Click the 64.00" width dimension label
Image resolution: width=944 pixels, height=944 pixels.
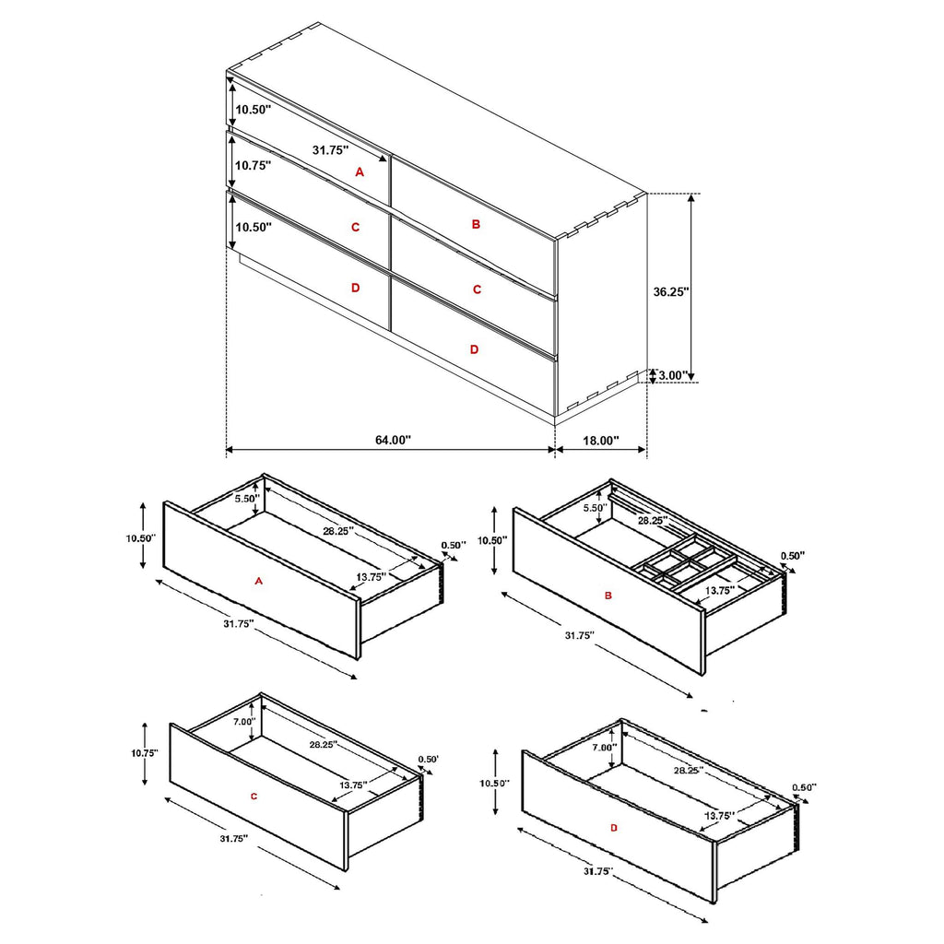pos(392,441)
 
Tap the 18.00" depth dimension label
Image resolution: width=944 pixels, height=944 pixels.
pos(601,441)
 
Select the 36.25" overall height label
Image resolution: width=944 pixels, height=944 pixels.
pos(671,290)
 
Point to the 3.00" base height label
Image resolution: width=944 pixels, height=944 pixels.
pos(673,375)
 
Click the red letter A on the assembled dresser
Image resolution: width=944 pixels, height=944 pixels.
pos(360,171)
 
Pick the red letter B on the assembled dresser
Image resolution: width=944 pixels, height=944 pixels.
pos(476,224)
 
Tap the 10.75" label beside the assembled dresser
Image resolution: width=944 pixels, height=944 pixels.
pos(253,166)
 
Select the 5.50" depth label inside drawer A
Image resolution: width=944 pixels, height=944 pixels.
pos(247,499)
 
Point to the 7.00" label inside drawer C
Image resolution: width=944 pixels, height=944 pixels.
pos(243,722)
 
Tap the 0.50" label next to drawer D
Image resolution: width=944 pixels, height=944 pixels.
pos(804,787)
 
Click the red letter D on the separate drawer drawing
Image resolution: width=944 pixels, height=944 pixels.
pos(614,828)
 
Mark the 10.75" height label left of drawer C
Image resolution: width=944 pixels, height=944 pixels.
pos(145,753)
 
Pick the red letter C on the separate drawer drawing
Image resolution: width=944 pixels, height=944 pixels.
pos(253,795)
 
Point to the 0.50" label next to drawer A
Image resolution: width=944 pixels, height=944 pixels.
pos(453,545)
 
